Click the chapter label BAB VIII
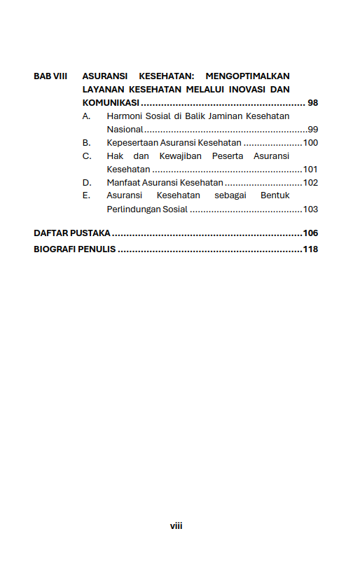coord(50,76)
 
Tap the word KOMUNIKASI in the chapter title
coord(111,103)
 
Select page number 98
coord(312,103)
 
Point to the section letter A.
coord(86,116)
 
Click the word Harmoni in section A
coord(124,116)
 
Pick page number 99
coord(312,130)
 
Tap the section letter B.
coord(86,143)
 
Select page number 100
coord(310,143)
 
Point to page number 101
coord(310,170)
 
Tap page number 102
coord(310,183)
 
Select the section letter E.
coord(86,196)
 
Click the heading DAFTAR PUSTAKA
coord(72,233)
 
